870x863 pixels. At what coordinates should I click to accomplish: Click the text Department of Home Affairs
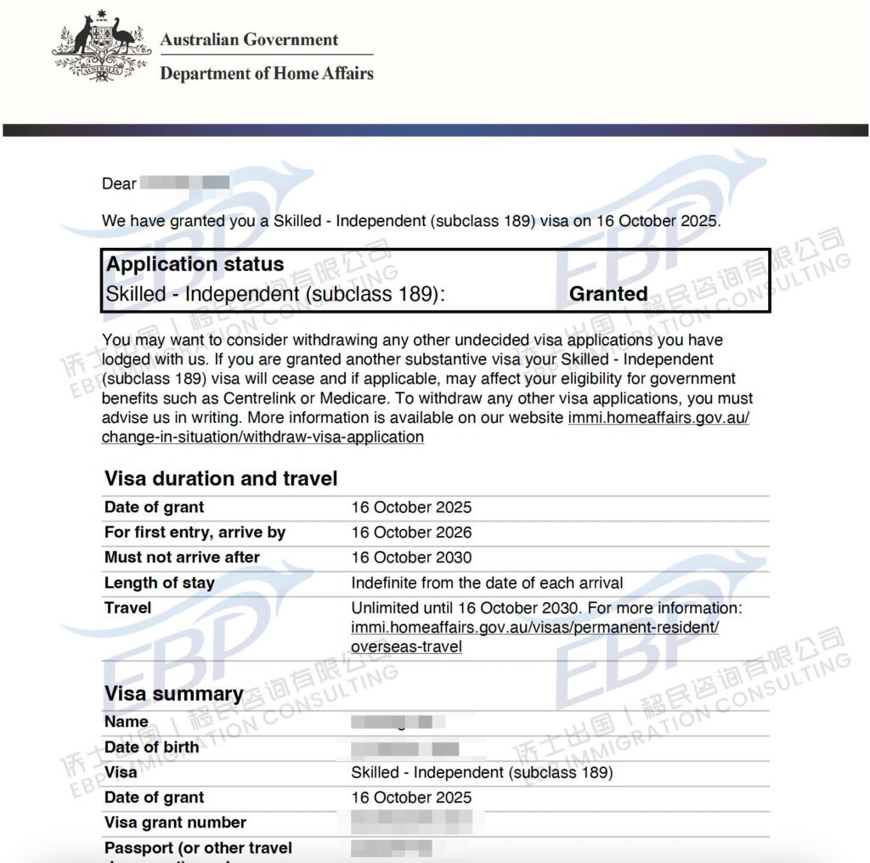coord(267,73)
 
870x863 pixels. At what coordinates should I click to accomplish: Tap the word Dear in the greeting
coord(119,183)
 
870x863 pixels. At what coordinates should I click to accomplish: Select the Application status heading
coord(195,264)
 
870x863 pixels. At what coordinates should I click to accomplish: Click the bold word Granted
coord(608,294)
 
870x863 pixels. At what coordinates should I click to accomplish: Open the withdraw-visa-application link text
coord(263,437)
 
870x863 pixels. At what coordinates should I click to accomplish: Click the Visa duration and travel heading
coord(221,478)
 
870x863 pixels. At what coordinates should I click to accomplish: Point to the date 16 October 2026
coord(411,533)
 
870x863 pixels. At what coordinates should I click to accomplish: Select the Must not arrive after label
coord(182,557)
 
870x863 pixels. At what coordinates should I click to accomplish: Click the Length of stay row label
coord(159,583)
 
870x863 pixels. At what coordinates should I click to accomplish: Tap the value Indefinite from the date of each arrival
coord(487,583)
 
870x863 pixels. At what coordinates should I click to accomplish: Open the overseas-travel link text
coord(406,646)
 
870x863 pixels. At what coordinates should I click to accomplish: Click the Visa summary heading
coord(173,694)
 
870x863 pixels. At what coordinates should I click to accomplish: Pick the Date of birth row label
coord(151,747)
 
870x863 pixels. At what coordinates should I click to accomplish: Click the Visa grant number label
coord(175,822)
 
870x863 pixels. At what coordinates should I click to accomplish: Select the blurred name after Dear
coord(184,183)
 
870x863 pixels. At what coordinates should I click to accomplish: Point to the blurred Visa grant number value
coord(416,822)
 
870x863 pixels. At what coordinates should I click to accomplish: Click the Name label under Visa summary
coord(126,722)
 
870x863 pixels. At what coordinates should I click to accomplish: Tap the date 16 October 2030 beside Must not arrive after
coord(411,557)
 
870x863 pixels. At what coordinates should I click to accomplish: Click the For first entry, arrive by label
coord(195,533)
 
